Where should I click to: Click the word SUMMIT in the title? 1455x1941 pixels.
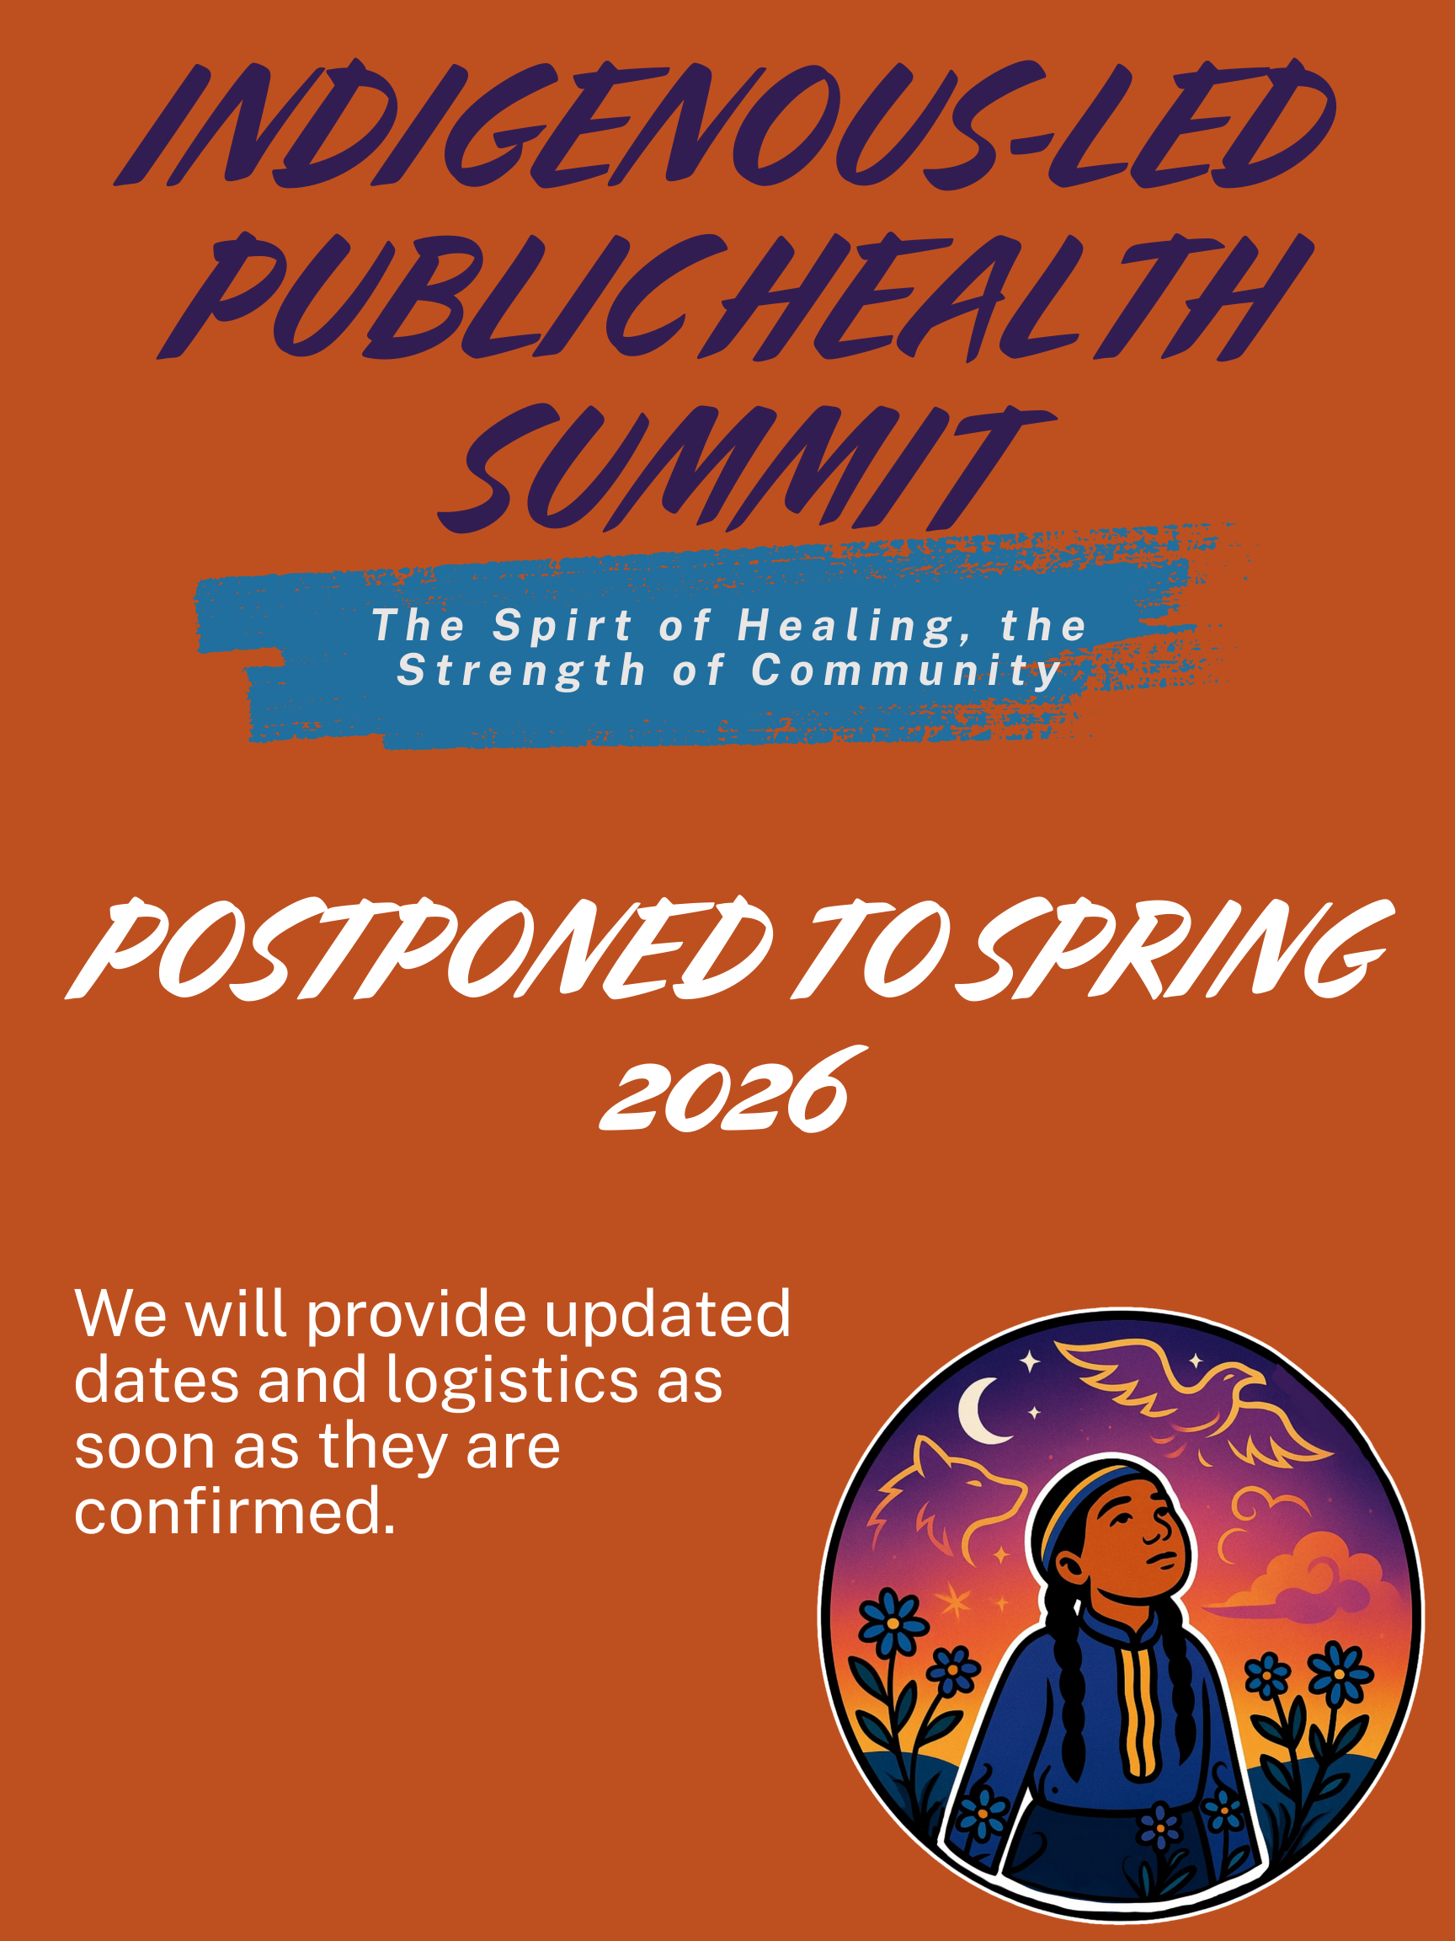(x=745, y=469)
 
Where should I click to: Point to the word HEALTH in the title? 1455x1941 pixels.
(x=1009, y=297)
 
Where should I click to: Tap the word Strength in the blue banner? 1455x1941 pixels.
(x=521, y=671)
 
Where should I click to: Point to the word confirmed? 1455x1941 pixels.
(x=235, y=1511)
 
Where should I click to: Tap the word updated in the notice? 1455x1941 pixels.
(x=668, y=1315)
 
